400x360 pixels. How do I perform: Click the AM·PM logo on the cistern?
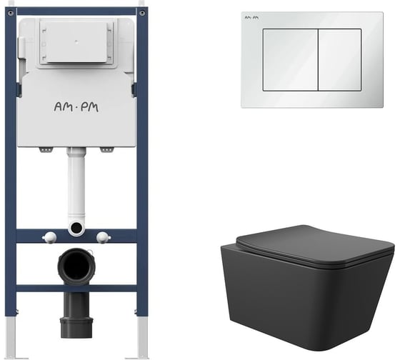(x=76, y=107)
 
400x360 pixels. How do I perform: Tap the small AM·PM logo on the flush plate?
(x=251, y=18)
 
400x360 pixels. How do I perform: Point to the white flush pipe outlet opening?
(x=76, y=226)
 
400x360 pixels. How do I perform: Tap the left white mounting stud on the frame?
(x=50, y=236)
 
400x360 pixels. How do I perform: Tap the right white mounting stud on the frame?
(x=104, y=236)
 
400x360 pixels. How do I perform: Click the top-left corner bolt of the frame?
(x=11, y=13)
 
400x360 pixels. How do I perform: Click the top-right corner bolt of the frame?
(x=142, y=13)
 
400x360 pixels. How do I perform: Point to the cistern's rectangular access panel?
(x=76, y=43)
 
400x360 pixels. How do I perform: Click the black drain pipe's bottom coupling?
(x=76, y=328)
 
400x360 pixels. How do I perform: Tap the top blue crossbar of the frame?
(x=76, y=11)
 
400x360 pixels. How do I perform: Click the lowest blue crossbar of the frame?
(x=76, y=289)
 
